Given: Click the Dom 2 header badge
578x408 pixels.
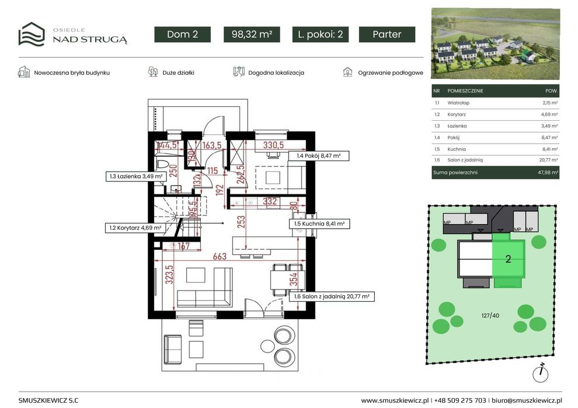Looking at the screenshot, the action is (183, 34).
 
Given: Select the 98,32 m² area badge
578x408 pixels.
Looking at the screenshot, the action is (252, 34).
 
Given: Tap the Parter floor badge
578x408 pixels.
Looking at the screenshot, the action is (387, 34).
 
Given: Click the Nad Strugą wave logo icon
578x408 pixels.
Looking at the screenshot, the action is (32, 34).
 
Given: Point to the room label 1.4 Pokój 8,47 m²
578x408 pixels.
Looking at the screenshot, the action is (319, 156).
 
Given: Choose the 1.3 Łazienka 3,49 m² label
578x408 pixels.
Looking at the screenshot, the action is (136, 176).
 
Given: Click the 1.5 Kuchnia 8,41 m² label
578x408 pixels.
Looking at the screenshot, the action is (319, 224).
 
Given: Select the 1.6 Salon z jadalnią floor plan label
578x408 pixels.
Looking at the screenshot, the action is (332, 297).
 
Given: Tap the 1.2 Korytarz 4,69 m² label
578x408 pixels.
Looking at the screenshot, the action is (135, 228).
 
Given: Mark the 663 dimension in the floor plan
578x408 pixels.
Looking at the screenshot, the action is (220, 256).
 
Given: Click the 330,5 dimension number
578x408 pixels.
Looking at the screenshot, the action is (273, 145).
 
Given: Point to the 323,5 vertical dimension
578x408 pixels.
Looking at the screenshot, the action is (169, 275).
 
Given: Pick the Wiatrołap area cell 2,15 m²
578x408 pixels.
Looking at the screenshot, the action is (550, 103).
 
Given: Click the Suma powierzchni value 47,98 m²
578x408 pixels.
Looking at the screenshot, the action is (548, 172).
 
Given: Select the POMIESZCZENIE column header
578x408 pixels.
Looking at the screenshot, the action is (465, 90).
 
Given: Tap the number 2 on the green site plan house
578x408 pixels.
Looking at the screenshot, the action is (509, 259).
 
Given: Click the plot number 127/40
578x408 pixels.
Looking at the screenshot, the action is (490, 316).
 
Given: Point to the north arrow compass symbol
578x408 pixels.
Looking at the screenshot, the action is (541, 372).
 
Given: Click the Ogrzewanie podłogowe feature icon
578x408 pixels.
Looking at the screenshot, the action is (347, 72).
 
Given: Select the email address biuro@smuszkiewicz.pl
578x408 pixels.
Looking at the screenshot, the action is (527, 400).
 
